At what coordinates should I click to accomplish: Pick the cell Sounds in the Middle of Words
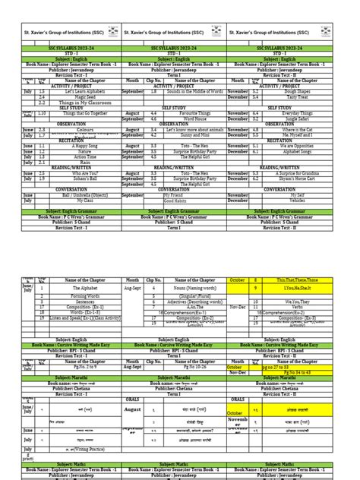pos(181,91)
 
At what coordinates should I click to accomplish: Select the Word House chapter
pos(181,118)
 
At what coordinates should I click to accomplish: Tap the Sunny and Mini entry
pos(181,134)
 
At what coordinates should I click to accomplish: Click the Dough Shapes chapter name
pos(298,91)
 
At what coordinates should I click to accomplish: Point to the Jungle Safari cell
pos(298,118)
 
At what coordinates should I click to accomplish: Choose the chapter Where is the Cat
pos(298,129)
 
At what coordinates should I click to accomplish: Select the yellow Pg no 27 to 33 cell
pos(298,346)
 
